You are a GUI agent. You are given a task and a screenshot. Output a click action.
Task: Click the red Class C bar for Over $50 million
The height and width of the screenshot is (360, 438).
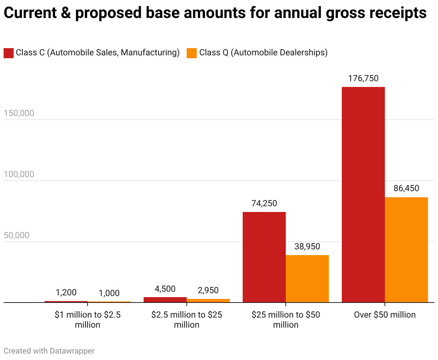(363, 194)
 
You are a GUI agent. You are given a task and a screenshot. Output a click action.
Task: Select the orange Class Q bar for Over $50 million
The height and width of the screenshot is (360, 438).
(406, 250)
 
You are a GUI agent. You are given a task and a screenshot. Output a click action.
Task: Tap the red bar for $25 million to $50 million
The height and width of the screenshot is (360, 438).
(264, 257)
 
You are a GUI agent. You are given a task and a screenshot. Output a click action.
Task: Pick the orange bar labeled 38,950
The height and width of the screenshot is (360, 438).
(307, 279)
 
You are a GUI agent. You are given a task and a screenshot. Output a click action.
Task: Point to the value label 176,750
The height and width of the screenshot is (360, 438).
(363, 78)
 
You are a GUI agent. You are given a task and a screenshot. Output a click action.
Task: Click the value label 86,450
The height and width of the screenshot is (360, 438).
(406, 188)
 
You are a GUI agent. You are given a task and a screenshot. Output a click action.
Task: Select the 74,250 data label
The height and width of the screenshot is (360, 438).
(264, 203)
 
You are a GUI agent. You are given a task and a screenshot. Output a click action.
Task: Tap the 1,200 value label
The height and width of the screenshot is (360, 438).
(66, 292)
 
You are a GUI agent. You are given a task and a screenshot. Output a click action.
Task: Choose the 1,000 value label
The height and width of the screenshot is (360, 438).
(109, 293)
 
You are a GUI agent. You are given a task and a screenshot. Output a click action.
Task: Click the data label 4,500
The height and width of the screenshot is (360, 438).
(165, 289)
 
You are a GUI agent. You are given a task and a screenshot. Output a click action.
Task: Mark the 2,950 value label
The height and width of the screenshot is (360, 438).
(208, 290)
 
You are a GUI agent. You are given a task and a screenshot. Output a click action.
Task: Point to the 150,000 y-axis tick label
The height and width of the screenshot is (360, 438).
(19, 113)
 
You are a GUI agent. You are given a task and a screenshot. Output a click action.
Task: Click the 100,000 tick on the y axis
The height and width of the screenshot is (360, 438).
(19, 174)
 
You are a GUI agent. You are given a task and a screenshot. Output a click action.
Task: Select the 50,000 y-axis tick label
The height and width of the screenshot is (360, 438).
(17, 235)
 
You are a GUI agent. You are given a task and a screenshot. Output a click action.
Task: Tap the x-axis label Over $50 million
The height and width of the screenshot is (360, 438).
(385, 315)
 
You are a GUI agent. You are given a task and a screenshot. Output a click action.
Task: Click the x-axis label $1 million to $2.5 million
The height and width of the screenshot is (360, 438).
(88, 320)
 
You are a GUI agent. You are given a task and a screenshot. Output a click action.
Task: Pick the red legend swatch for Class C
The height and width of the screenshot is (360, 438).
(9, 53)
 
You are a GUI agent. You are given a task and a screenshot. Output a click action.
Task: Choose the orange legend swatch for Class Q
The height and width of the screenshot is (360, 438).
(192, 53)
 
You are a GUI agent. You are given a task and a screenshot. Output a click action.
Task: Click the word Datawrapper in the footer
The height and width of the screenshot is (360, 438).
(72, 351)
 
